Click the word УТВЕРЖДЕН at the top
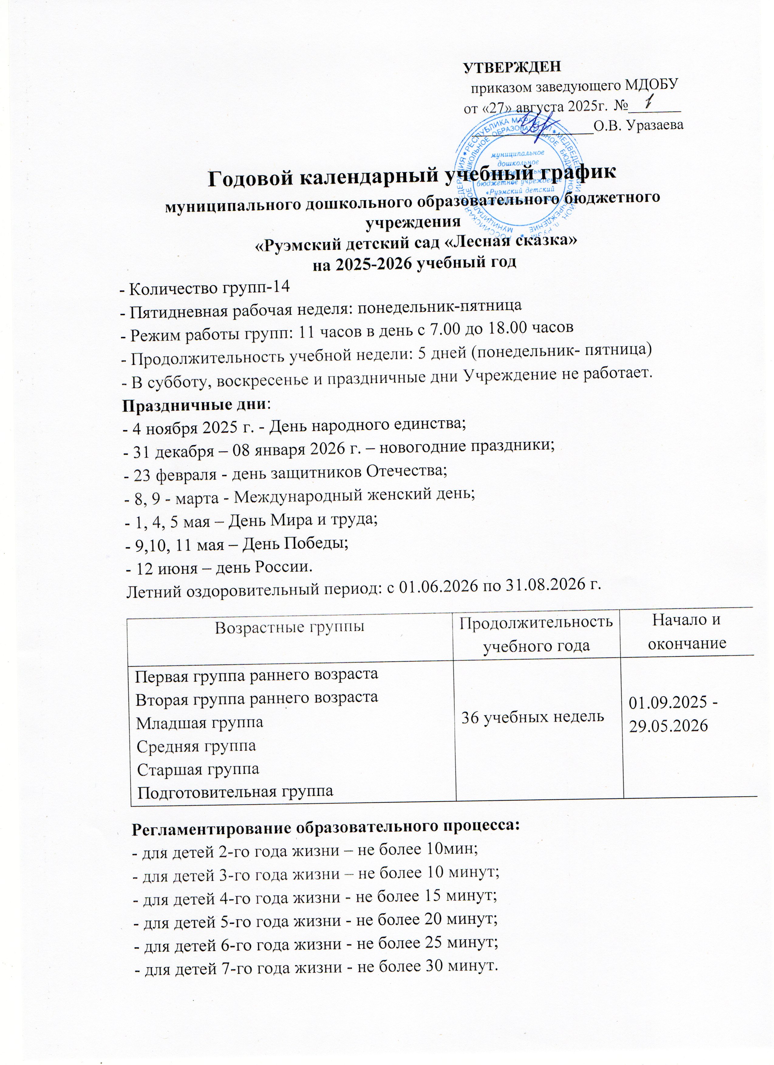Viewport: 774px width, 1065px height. tap(512, 68)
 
